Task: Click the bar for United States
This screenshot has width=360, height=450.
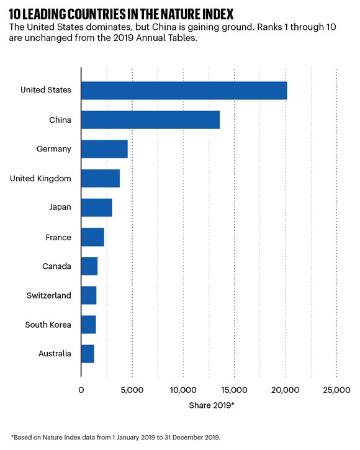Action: tap(184, 90)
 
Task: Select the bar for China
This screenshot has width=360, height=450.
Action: tap(150, 119)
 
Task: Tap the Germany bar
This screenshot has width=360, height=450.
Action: tap(104, 149)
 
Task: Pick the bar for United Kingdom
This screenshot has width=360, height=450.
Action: tap(101, 178)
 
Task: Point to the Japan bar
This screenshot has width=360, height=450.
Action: tap(97, 207)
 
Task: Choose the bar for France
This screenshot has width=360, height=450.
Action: tap(92, 237)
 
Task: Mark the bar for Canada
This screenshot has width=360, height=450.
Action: tap(89, 266)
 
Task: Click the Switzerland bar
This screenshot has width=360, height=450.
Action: tap(89, 295)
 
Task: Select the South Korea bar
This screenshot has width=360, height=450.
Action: tap(89, 325)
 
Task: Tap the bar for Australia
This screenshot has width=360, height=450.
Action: tap(88, 354)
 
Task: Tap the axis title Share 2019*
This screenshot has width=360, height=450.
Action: tap(211, 405)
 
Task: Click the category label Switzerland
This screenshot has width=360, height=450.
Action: tap(48, 295)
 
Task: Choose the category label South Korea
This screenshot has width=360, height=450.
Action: tap(48, 325)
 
